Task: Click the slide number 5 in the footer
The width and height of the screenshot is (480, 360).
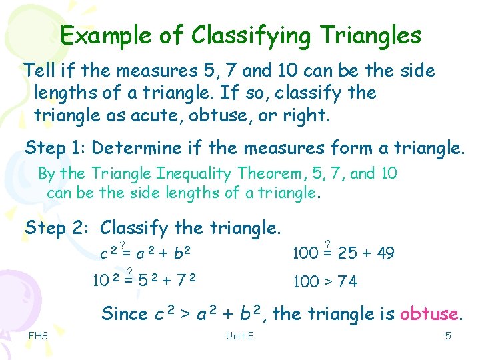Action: (448, 335)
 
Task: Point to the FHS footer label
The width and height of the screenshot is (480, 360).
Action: (38, 335)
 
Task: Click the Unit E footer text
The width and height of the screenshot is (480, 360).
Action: (239, 335)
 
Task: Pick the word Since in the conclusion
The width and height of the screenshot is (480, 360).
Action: (125, 314)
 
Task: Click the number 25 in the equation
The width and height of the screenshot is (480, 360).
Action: (347, 253)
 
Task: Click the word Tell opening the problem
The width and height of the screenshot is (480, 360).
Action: (37, 71)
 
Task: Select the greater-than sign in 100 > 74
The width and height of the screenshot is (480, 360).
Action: (327, 283)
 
